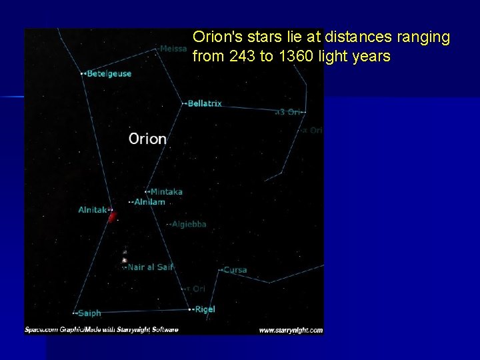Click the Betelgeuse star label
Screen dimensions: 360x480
109,73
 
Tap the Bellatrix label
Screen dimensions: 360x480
205,103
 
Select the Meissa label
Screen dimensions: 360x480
173,48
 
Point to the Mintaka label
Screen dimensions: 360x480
166,191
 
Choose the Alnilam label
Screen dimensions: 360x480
149,201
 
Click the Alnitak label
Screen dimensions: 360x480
92,209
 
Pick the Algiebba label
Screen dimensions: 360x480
189,224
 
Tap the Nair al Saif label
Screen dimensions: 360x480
150,267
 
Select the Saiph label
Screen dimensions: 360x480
89,313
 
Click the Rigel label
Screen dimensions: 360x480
205,309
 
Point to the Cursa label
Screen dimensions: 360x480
235,270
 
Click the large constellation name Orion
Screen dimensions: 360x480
147,139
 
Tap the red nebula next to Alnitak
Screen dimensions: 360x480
112,216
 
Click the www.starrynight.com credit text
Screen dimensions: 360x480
290,329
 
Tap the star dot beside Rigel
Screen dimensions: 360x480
190,309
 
